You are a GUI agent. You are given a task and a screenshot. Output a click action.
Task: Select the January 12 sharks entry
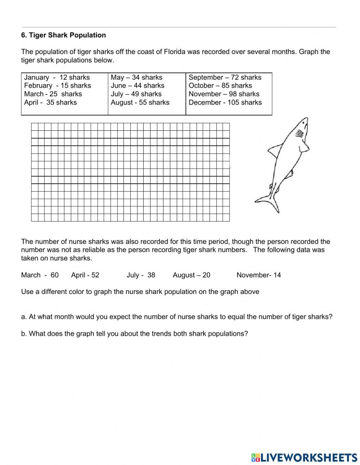pos(57,77)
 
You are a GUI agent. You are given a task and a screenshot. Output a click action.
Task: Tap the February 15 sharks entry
pos(58,86)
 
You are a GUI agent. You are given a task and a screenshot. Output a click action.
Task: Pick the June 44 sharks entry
pos(138,86)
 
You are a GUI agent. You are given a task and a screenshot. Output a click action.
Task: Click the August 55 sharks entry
pos(140,103)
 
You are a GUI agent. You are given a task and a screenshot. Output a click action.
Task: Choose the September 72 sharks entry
pos(225,77)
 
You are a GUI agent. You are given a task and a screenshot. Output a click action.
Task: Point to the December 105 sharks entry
pos(225,103)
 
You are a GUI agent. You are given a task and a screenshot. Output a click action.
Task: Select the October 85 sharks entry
pos(220,86)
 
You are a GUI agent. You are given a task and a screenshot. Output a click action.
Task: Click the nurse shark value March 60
pos(40,275)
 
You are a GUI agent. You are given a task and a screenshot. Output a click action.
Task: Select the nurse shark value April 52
pos(85,275)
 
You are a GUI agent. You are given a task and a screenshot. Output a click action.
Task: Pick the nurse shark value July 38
pos(141,275)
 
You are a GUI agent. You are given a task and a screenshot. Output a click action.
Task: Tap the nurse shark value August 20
pos(192,275)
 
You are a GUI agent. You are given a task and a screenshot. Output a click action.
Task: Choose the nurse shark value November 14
pos(258,275)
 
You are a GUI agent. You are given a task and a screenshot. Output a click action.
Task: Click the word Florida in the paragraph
pos(175,52)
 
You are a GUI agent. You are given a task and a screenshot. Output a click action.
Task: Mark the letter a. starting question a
pos(24,317)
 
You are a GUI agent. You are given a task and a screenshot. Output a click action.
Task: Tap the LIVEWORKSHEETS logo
pos(304,458)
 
